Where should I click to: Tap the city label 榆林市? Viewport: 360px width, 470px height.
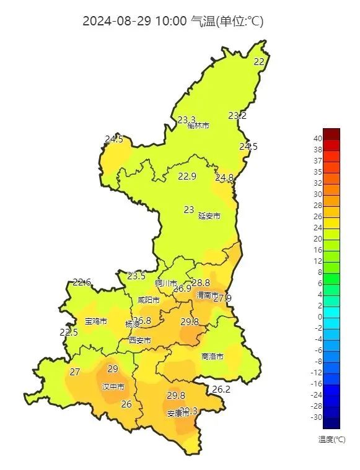(198, 126)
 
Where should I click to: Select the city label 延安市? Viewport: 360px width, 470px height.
(209, 216)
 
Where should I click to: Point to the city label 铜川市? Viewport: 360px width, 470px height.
(166, 283)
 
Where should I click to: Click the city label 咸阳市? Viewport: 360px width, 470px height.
(149, 300)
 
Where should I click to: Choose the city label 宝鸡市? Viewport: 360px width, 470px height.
(96, 321)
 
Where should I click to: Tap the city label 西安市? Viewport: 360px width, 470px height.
(139, 340)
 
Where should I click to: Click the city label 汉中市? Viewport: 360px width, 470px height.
(113, 386)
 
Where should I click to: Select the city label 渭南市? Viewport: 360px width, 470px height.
(207, 295)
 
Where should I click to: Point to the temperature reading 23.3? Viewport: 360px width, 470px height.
(187, 120)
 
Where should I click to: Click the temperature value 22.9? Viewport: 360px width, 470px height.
(187, 176)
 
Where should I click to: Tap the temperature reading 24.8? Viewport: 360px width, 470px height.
(224, 178)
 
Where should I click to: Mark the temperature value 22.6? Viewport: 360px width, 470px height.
(82, 282)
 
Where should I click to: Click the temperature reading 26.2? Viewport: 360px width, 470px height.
(221, 389)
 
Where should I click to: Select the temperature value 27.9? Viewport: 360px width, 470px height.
(222, 298)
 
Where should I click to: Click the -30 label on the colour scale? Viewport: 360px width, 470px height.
(317, 417)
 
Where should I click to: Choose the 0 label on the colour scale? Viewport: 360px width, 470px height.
(320, 317)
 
